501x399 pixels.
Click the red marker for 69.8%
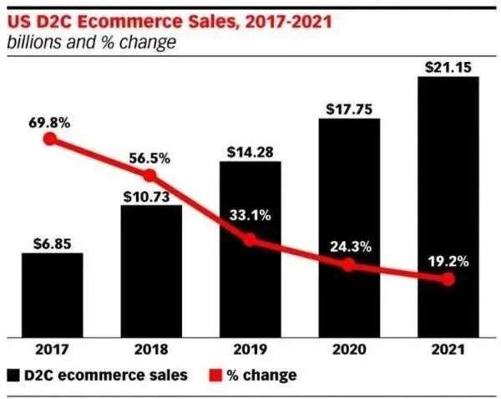tap(51, 140)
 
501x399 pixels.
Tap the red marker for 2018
tap(150, 176)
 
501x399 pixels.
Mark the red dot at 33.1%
tap(250, 240)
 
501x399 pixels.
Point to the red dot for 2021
tap(448, 279)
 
